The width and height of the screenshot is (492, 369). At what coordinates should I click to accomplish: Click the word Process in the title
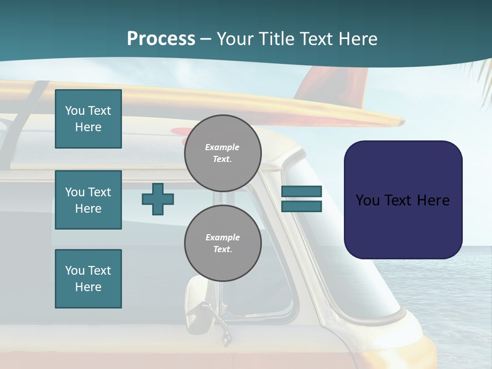[161, 39]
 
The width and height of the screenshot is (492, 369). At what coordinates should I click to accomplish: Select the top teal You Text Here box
[88, 119]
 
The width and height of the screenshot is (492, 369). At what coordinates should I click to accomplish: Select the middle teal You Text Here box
[88, 200]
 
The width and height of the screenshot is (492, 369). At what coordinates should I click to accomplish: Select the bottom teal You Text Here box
[88, 279]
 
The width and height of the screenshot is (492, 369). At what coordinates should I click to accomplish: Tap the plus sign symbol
[158, 199]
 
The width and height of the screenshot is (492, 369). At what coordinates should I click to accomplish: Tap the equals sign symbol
[301, 199]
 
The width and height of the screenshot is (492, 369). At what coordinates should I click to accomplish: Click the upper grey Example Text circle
[222, 153]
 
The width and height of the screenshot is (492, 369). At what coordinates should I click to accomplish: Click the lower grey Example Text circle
[222, 243]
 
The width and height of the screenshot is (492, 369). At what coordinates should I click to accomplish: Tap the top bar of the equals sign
[301, 192]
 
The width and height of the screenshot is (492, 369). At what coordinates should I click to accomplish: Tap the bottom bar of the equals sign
[301, 206]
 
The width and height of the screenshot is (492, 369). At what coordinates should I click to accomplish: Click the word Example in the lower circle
[222, 237]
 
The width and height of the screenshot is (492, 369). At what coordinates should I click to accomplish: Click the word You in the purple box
[367, 200]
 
